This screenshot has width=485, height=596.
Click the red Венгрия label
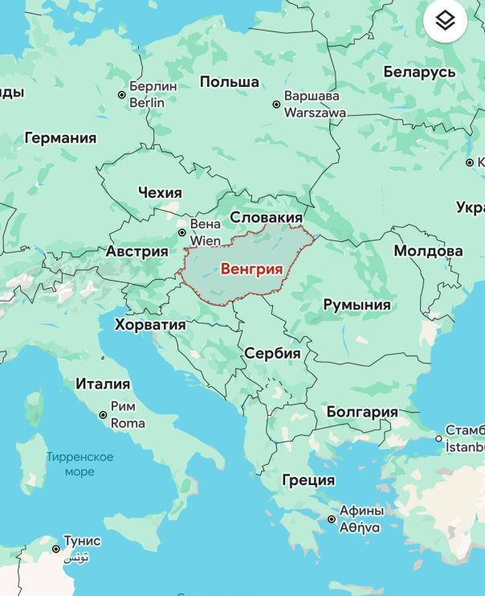(x=251, y=269)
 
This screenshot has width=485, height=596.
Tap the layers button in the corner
(x=445, y=21)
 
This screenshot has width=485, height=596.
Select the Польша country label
(x=230, y=82)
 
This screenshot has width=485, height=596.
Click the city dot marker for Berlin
(x=122, y=95)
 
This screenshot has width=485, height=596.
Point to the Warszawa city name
(x=315, y=113)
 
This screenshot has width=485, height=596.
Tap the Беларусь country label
(x=419, y=72)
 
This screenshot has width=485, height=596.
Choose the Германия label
(x=60, y=138)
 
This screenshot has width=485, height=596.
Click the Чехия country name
(x=160, y=193)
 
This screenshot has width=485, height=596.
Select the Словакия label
(x=267, y=217)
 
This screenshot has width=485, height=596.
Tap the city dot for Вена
(x=182, y=232)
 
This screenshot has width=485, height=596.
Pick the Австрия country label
(x=137, y=251)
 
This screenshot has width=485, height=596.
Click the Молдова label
(x=428, y=251)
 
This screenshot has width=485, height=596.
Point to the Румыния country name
(x=357, y=305)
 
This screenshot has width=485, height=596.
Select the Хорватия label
(x=150, y=325)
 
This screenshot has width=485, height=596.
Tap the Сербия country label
(x=272, y=353)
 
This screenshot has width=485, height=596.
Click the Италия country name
(x=103, y=384)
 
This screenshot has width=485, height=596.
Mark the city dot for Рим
(x=103, y=415)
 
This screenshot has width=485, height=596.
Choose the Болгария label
(x=362, y=412)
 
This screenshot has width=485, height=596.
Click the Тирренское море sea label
(x=79, y=464)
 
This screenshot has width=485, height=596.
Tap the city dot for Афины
(x=332, y=519)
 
